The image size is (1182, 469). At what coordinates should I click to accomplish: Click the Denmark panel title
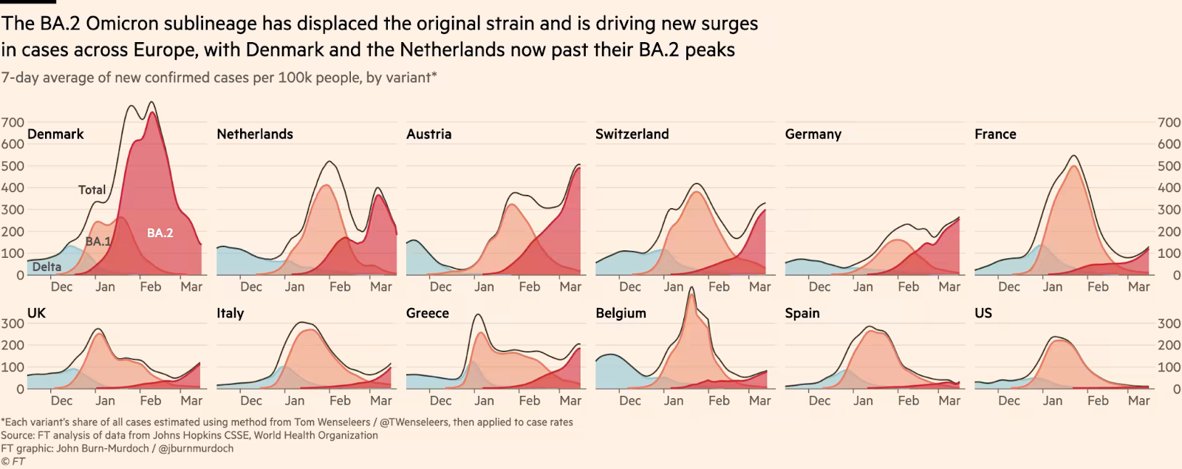coord(55,134)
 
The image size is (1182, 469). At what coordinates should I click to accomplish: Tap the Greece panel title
coord(428,313)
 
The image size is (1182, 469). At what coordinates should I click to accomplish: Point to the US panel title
coord(983,313)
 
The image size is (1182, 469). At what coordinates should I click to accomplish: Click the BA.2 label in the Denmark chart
coord(160,233)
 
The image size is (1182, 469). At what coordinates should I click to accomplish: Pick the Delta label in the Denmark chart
coord(47,267)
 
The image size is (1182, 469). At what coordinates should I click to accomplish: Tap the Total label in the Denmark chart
coord(92,190)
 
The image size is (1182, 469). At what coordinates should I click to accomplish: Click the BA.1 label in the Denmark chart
coord(98,242)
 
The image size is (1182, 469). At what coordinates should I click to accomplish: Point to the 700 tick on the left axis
coord(13,123)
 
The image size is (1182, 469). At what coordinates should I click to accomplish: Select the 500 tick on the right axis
coord(1169,166)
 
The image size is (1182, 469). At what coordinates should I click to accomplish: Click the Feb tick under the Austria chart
coord(529,287)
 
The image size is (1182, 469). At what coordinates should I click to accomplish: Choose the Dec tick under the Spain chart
coord(819,400)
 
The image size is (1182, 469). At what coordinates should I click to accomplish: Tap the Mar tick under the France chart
coord(1138,287)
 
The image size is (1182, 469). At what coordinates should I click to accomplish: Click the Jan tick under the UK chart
coord(105,400)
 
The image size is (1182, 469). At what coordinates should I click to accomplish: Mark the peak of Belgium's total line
coord(691,288)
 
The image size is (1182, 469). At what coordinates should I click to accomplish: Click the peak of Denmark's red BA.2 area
coord(152,112)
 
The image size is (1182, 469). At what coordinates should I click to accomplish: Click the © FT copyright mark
coord(13,462)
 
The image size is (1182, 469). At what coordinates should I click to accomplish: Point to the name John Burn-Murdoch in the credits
coord(103,448)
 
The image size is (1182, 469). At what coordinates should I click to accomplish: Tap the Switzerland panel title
coord(632,134)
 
